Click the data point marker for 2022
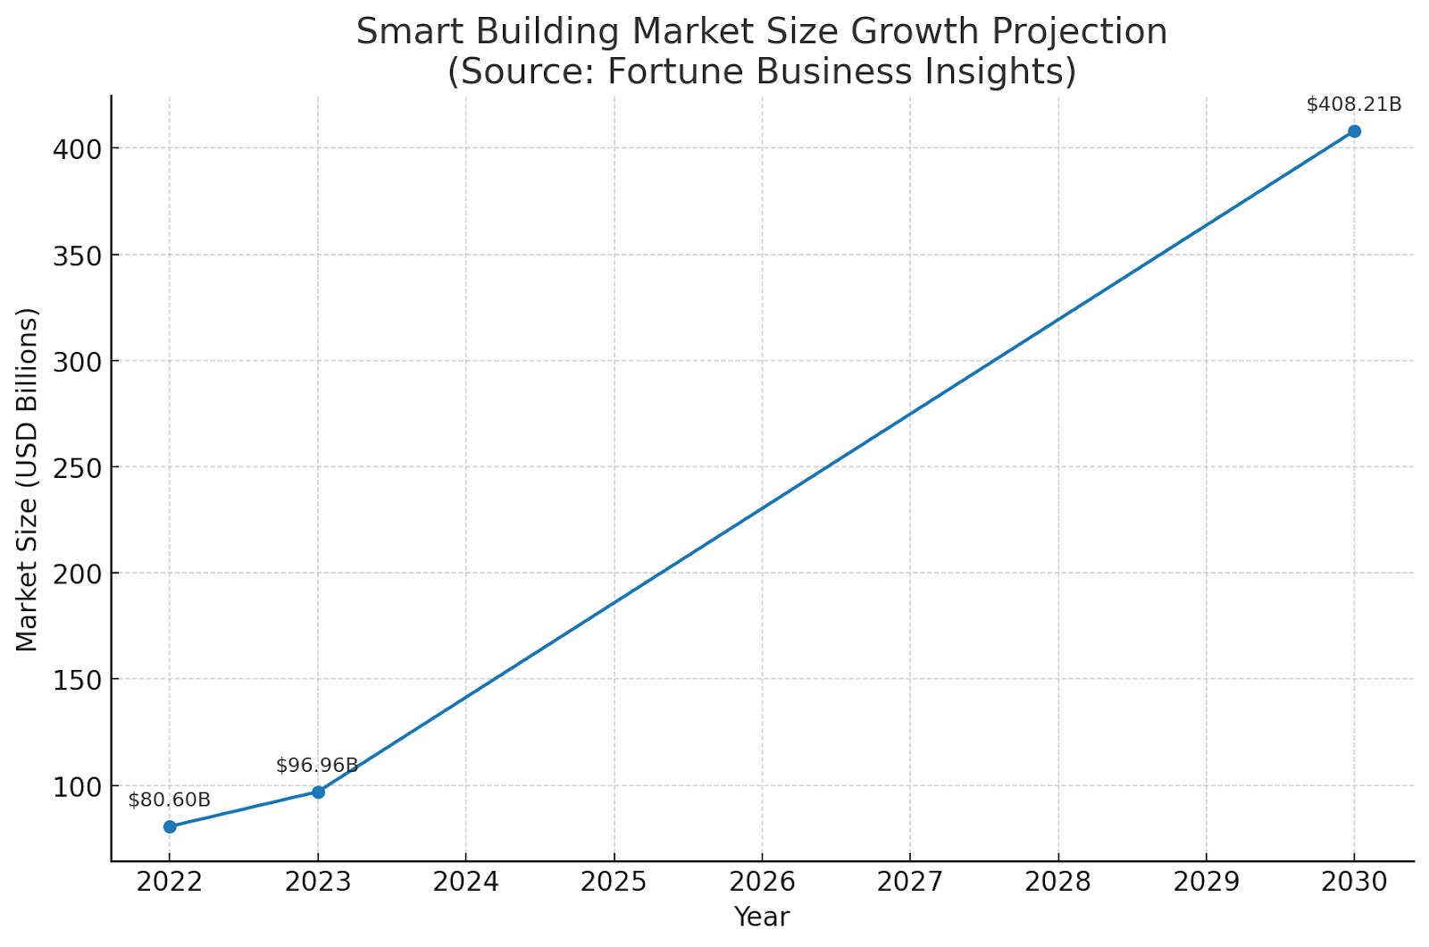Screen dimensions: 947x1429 [x=170, y=826]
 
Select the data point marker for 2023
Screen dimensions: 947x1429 [x=318, y=792]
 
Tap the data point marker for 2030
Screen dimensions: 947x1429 [x=1354, y=131]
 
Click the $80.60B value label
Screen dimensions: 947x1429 [x=170, y=800]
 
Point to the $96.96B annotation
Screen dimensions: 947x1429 [x=317, y=766]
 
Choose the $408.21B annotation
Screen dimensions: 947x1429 [x=1354, y=105]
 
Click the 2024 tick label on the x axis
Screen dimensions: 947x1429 [x=466, y=883]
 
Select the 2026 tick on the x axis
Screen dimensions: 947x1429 [x=762, y=883]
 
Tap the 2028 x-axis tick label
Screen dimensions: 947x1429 [x=1058, y=883]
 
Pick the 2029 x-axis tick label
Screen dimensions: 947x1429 [x=1206, y=883]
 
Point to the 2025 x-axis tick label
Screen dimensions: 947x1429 [x=614, y=883]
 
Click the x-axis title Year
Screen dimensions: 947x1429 [x=762, y=918]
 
